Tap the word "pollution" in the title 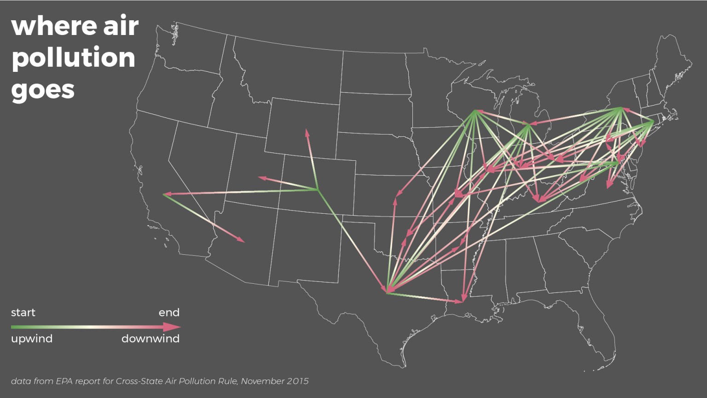pos(73,58)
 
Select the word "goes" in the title pos(42,89)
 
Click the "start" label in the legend pos(23,313)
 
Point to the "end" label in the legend pos(169,313)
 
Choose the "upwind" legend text pos(32,339)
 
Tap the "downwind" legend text pos(151,339)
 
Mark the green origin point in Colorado pos(318,189)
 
